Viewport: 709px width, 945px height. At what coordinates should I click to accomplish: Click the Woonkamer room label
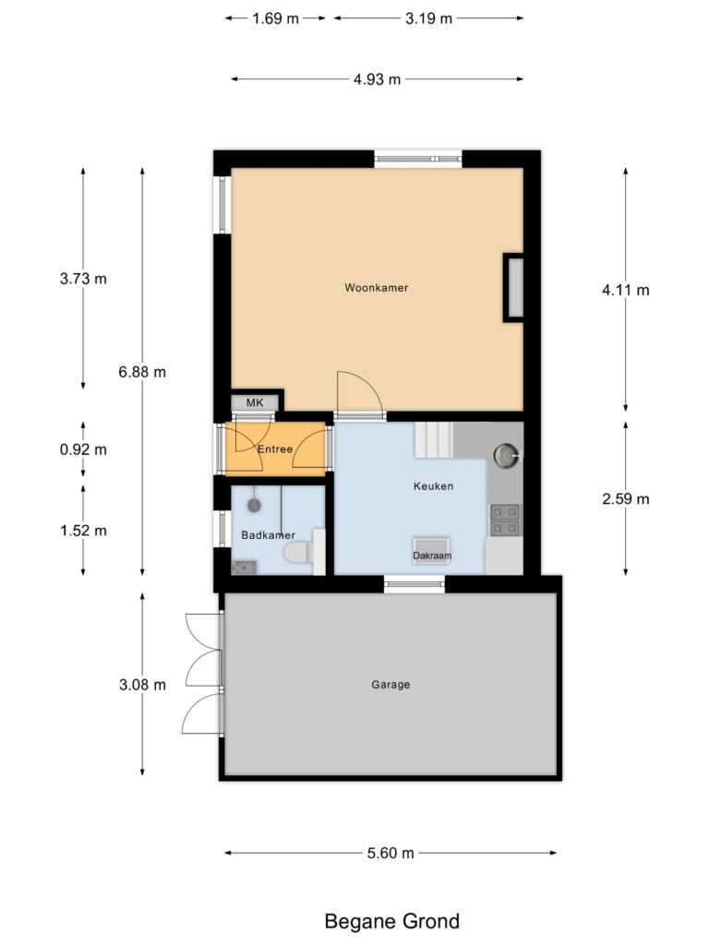[x=376, y=288]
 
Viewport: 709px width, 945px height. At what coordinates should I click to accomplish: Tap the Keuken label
[x=432, y=486]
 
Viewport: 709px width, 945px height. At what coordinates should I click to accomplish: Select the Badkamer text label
[x=263, y=535]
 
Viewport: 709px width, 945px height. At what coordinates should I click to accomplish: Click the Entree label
[x=275, y=449]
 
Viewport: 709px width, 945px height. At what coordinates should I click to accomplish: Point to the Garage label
[x=391, y=685]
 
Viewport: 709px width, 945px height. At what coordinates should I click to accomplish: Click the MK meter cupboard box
[x=254, y=403]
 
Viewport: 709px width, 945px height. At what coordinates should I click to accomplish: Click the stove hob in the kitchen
[x=504, y=520]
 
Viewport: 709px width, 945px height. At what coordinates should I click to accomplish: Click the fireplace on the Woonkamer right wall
[x=513, y=288]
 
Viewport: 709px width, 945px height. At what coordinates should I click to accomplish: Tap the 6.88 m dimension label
[x=142, y=372]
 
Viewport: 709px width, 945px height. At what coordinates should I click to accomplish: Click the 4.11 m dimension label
[x=625, y=290]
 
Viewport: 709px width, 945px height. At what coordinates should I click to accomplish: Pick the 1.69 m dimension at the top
[x=276, y=18]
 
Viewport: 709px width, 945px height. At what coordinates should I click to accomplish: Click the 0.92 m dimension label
[x=83, y=450]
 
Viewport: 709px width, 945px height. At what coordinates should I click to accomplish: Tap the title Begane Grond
[x=391, y=921]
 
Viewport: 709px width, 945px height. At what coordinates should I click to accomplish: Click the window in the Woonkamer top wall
[x=417, y=160]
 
